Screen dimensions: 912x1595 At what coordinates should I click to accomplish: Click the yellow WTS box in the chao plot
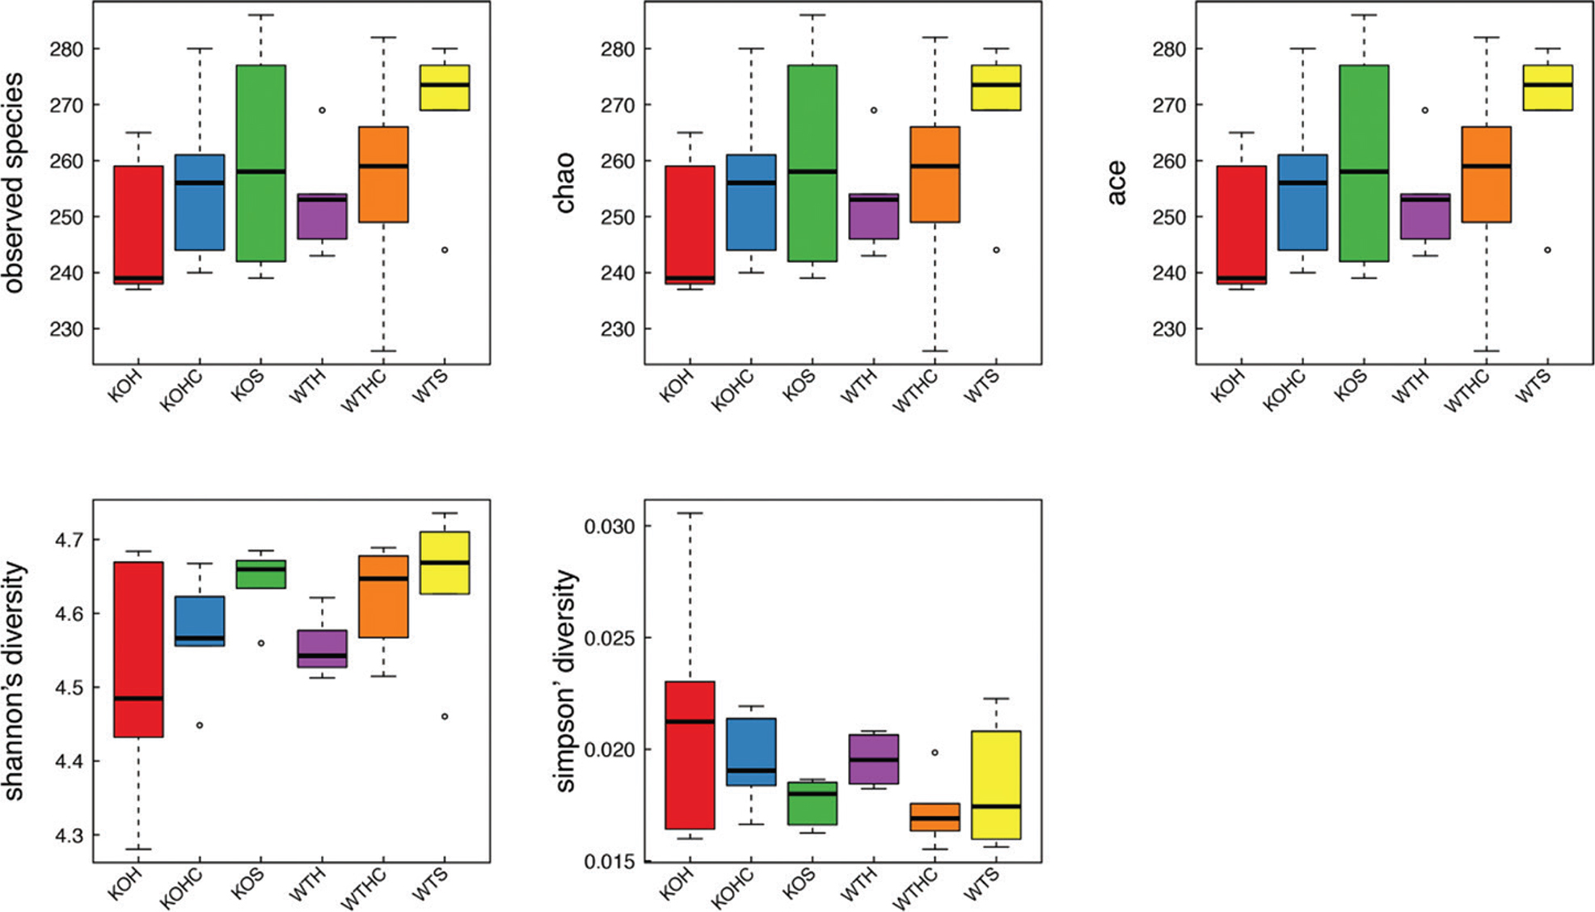(996, 87)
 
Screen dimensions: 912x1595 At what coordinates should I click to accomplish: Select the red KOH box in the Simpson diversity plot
(690, 755)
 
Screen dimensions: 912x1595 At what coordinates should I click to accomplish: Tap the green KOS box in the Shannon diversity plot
(260, 574)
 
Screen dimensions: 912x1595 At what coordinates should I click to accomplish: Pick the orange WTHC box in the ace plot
(1487, 174)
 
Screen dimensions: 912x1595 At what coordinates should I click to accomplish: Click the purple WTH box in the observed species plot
(322, 217)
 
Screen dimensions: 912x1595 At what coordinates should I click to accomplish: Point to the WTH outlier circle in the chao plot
(874, 110)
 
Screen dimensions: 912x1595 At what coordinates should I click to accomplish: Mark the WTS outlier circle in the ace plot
(1547, 250)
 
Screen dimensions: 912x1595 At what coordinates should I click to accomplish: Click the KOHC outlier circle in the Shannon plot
(200, 725)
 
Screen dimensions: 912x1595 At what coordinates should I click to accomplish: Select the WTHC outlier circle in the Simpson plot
(935, 753)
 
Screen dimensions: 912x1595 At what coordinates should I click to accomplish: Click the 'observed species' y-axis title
(15, 183)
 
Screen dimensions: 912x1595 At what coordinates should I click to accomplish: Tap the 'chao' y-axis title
(565, 183)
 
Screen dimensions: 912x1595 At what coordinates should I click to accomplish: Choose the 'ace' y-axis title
(1116, 183)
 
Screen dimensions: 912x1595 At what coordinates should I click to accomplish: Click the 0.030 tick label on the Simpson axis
(610, 526)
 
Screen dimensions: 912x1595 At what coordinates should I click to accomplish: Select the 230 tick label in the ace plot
(1169, 329)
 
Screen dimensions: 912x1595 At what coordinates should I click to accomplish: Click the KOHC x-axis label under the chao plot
(733, 390)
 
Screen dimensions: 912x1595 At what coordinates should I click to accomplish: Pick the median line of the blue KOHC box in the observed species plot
(200, 183)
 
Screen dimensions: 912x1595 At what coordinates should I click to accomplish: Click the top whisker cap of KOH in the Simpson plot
(690, 513)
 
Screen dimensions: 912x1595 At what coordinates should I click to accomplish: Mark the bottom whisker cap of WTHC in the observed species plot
(383, 351)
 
